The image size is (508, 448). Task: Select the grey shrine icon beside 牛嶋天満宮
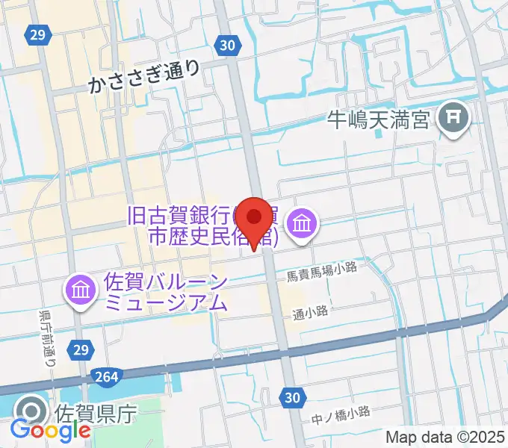click(453, 116)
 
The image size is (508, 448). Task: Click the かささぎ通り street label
click(144, 79)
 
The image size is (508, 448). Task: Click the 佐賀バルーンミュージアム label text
click(165, 293)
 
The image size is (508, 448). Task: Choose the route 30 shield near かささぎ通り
click(229, 46)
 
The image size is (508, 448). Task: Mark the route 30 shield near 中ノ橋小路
click(293, 399)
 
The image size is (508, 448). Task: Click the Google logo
click(51, 430)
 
